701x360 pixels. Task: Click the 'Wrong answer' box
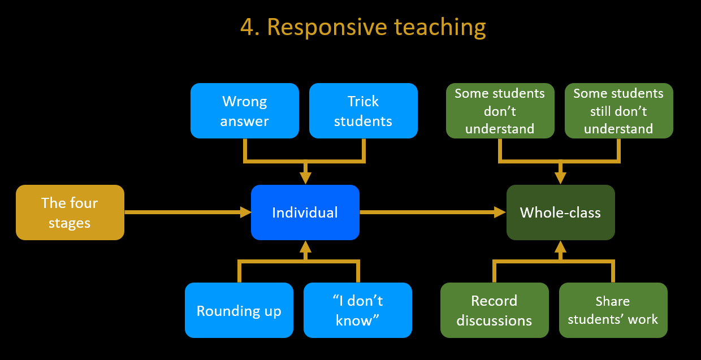pos(245,111)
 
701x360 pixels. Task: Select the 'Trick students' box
pos(364,111)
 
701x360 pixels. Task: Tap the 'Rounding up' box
pos(239,310)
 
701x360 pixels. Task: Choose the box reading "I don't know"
pos(358,310)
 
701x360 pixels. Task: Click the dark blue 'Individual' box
pos(305,212)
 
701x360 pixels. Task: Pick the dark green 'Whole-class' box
pos(561,212)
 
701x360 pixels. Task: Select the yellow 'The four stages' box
pos(70,212)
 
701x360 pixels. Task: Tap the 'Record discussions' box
pos(495,310)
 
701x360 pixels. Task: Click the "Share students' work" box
pos(613,310)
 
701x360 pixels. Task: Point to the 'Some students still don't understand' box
pos(619,111)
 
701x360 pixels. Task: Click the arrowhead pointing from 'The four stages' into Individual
pos(246,212)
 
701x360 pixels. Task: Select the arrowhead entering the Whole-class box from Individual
pos(500,212)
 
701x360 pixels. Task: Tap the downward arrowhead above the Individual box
pos(305,178)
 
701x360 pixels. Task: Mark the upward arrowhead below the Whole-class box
pos(560,247)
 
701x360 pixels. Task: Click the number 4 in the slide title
pos(247,27)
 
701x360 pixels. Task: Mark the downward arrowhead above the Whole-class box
pos(560,178)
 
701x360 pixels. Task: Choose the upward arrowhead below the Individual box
pos(305,247)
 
